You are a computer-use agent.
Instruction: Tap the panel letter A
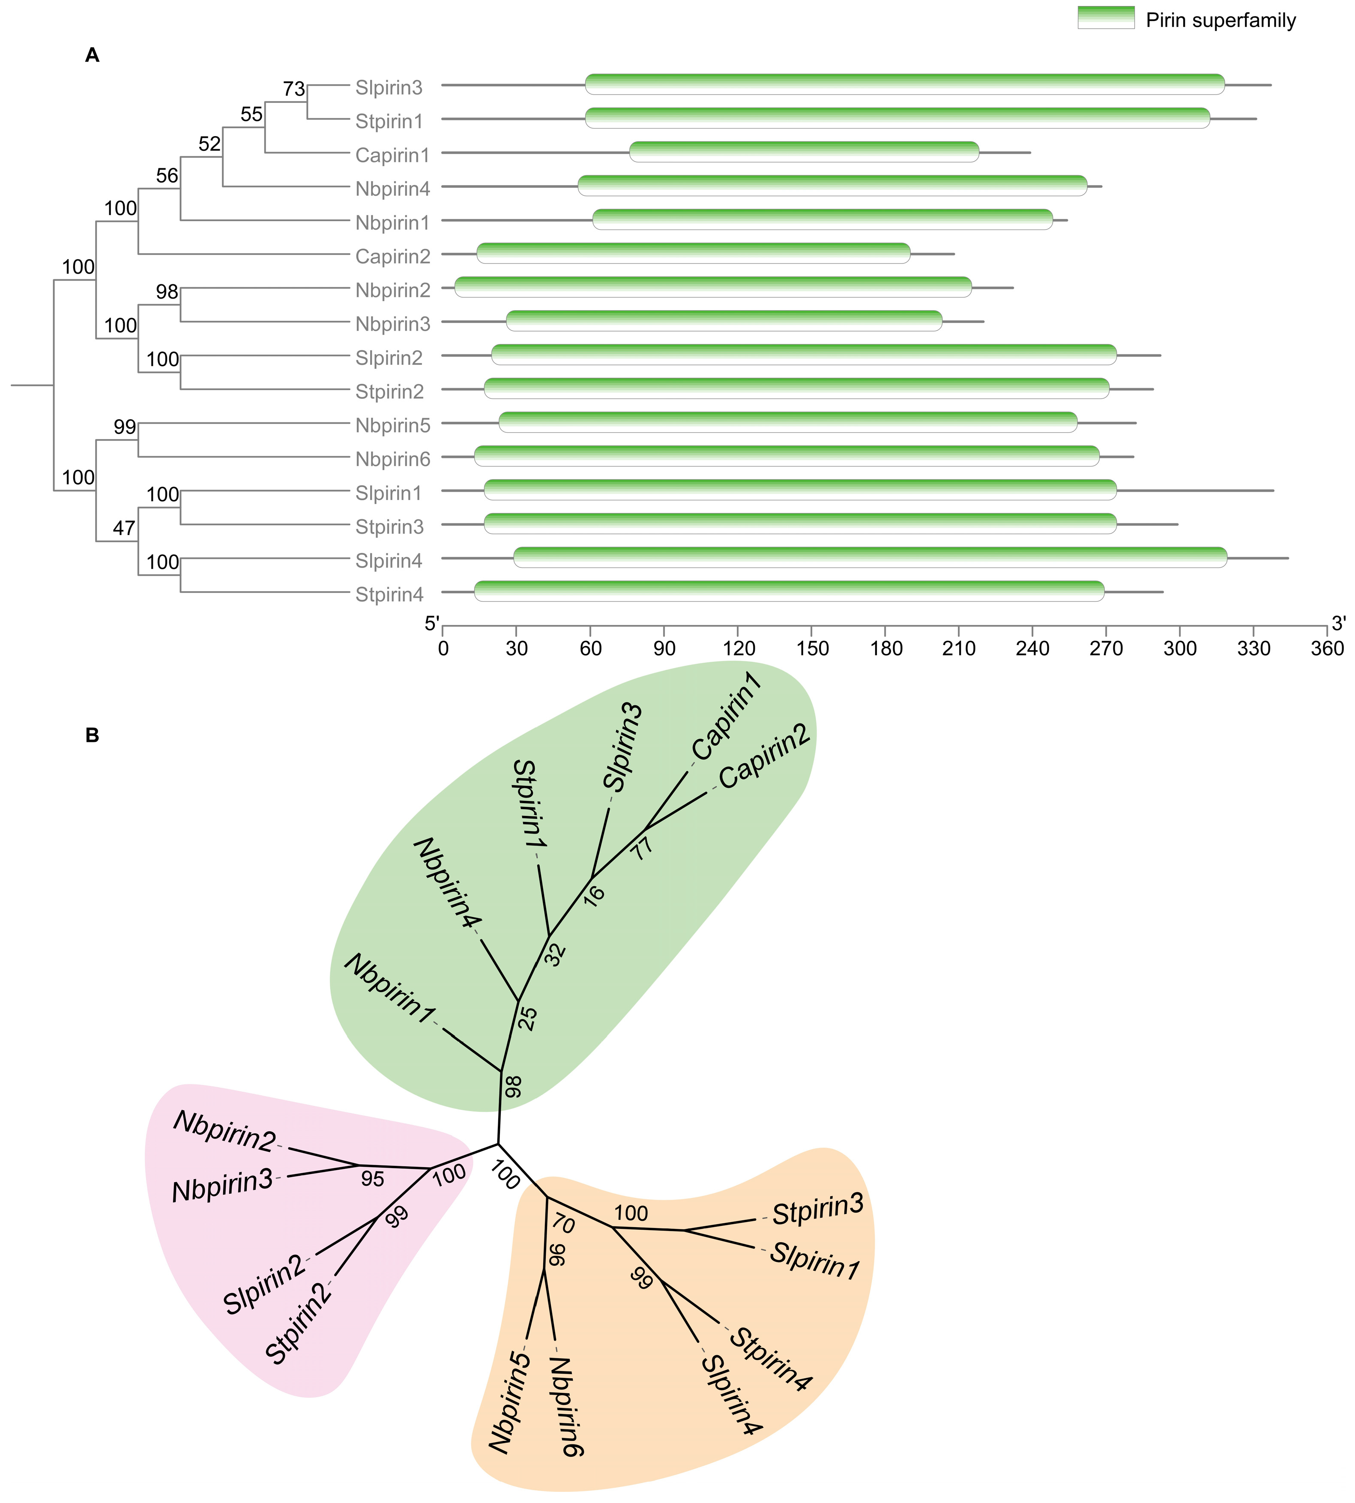(x=93, y=55)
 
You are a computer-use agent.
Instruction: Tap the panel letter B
(x=93, y=735)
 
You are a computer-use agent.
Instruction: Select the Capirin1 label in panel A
(x=392, y=155)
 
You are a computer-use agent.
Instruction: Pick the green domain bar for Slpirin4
(x=870, y=557)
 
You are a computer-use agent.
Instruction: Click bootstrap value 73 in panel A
(x=293, y=90)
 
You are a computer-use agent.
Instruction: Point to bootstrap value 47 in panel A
(x=123, y=529)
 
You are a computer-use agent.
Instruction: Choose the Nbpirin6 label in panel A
(x=392, y=459)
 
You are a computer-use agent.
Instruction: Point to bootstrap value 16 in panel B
(x=594, y=894)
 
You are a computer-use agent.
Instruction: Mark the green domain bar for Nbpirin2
(x=712, y=287)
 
